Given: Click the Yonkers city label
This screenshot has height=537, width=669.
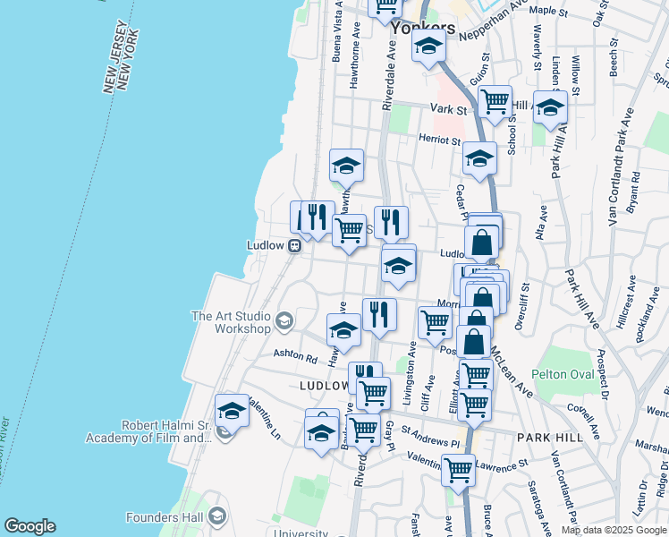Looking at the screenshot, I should tap(423, 28).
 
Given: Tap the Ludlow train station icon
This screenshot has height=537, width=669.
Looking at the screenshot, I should tap(293, 246).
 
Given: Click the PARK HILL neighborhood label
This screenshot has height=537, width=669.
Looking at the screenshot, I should tap(550, 438).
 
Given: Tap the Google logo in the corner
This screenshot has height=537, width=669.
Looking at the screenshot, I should tap(30, 526).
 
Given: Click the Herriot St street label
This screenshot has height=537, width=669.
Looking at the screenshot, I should tap(439, 140).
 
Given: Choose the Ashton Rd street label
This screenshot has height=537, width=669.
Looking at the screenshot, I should tap(295, 358).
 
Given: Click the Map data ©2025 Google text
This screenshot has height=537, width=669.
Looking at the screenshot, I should tap(614, 530).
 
